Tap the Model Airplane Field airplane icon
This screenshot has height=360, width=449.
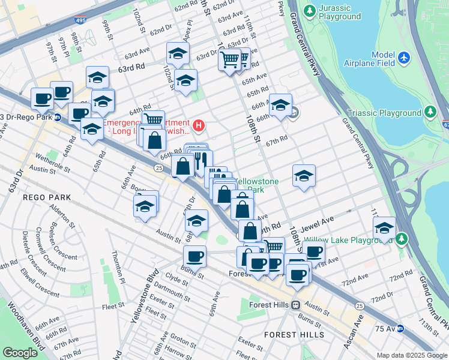pyautogui.click(x=404, y=58)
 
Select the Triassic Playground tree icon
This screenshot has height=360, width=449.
pyautogui.click(x=430, y=112)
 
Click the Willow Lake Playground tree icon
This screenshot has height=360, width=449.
pyautogui.click(x=401, y=240)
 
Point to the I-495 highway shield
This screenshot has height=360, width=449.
pyautogui.click(x=80, y=20)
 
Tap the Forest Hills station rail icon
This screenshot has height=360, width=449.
pyautogui.click(x=295, y=305)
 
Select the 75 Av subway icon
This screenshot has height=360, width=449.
pyautogui.click(x=400, y=328)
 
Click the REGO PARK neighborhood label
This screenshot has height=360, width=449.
pyautogui.click(x=47, y=197)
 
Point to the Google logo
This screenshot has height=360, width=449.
pyautogui.click(x=20, y=353)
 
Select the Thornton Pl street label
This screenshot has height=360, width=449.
pyautogui.click(x=118, y=268)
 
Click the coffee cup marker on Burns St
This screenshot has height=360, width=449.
pyautogui.click(x=194, y=257)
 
